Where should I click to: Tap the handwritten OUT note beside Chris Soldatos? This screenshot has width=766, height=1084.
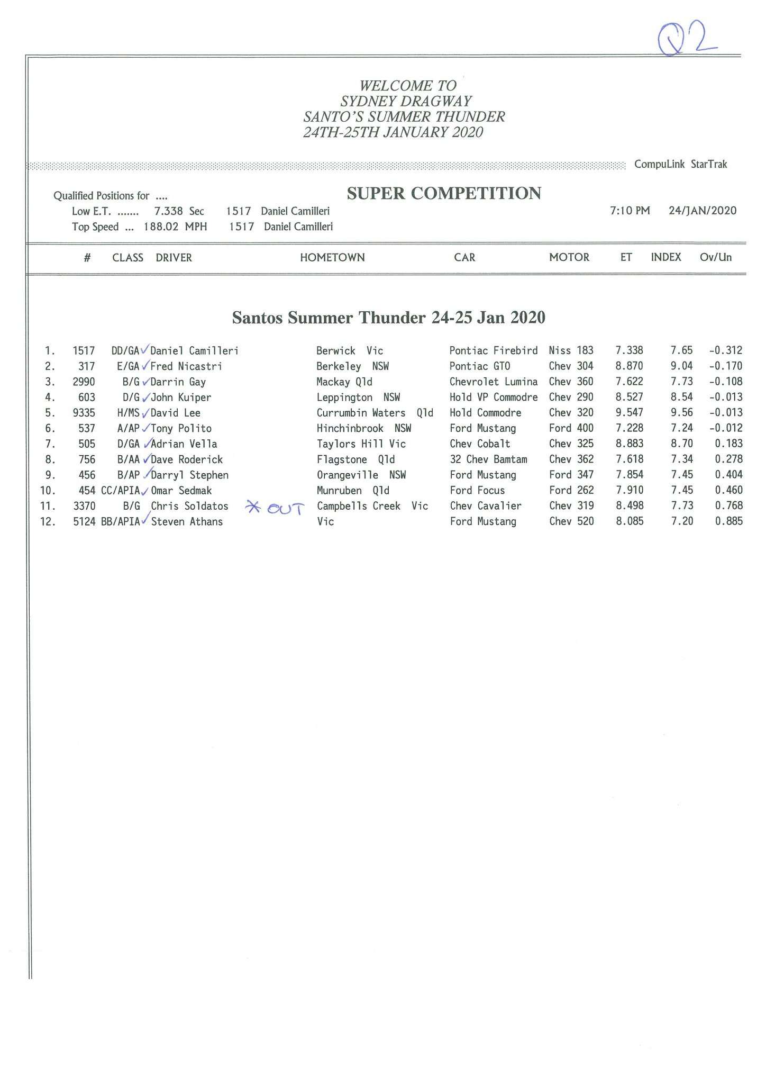(275, 508)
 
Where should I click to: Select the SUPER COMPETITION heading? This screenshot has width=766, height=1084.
(444, 194)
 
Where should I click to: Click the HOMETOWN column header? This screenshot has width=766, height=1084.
(332, 258)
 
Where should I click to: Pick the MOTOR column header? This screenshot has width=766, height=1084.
(569, 258)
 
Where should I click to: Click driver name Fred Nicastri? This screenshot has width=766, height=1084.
(186, 366)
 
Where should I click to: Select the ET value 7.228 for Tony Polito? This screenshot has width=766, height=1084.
(630, 428)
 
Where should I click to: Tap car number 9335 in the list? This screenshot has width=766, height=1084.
(84, 413)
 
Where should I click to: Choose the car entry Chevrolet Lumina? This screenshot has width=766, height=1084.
(493, 382)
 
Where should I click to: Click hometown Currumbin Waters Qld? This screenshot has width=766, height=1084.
(375, 413)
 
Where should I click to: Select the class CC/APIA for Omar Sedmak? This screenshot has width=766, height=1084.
(120, 491)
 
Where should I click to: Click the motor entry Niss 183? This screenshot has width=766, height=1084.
(571, 350)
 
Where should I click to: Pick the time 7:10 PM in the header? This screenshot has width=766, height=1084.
(630, 211)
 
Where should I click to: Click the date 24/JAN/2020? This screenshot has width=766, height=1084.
(702, 211)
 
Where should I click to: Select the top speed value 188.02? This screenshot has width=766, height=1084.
(161, 227)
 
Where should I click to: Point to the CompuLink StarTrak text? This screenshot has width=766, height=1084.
(680, 165)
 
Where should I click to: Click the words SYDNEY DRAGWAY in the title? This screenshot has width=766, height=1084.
(406, 101)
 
